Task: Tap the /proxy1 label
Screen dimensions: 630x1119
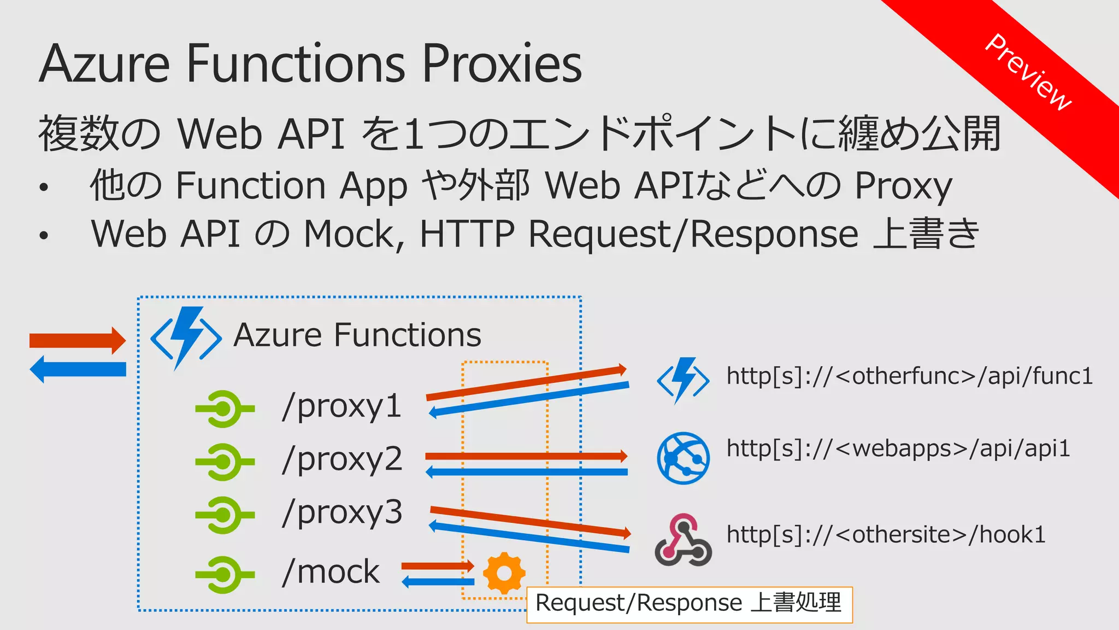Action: click(x=342, y=406)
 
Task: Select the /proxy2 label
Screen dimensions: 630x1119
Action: click(x=342, y=459)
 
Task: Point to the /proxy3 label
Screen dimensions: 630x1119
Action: click(x=342, y=513)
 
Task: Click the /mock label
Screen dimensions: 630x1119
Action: click(x=331, y=572)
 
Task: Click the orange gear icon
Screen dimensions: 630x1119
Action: click(x=504, y=573)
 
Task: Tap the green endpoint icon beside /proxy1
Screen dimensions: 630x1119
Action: click(x=224, y=409)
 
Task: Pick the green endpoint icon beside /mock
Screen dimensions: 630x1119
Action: click(x=224, y=575)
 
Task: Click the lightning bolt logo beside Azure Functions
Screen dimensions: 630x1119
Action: click(x=186, y=337)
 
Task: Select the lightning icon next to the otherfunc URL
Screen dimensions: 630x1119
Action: click(x=683, y=380)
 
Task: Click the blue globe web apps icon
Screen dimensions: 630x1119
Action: click(x=683, y=458)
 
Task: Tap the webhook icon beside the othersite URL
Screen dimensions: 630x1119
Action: click(x=683, y=540)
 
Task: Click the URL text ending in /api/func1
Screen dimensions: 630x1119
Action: click(x=909, y=376)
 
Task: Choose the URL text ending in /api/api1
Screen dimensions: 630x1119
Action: click(x=898, y=448)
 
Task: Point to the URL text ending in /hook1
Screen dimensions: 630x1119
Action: click(x=886, y=534)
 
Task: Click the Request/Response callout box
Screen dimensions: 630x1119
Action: click(x=688, y=604)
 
